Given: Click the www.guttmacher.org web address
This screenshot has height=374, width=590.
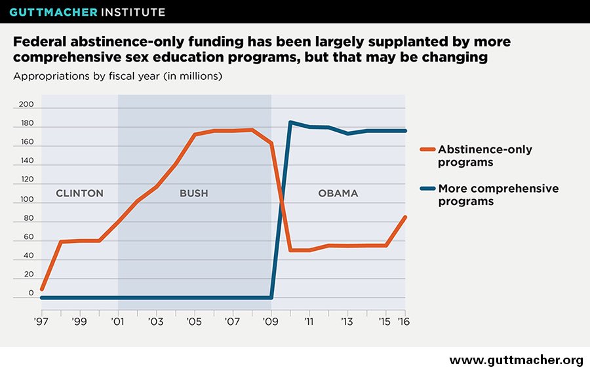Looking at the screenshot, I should tap(515, 360).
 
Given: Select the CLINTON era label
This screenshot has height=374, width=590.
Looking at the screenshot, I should tap(79, 193).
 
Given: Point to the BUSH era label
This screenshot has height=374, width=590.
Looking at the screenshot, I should tap(193, 193).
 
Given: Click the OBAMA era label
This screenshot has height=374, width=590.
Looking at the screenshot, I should tap(338, 193).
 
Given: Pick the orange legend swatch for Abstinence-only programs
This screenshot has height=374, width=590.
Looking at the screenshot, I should tap(427, 149).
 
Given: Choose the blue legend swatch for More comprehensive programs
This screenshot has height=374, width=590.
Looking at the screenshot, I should tap(427, 189).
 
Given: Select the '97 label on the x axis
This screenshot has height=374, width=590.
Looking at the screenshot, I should tap(41, 322).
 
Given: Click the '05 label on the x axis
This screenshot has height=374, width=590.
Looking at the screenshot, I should tap(194, 322).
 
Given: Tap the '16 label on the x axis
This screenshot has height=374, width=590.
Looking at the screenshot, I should tap(405, 322).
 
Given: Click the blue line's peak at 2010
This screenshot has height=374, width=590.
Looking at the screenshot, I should tap(290, 122).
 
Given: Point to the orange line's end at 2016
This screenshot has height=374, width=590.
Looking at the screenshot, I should tap(405, 217).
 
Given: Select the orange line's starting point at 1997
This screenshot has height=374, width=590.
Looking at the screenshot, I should tap(42, 289).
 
